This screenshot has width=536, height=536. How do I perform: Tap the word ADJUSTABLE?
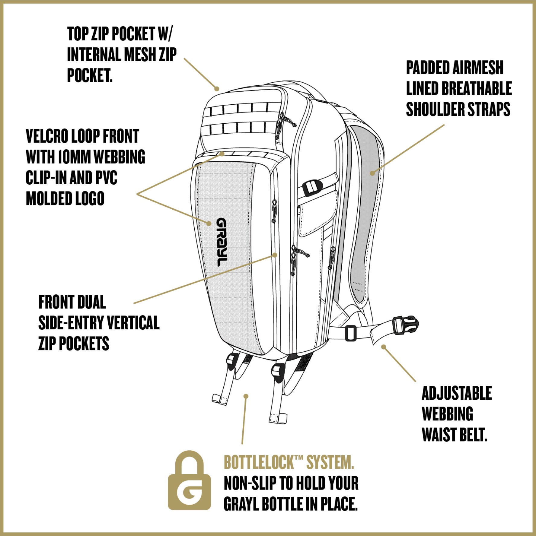tap(457, 393)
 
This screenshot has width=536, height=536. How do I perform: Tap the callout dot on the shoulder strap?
tap(372, 173)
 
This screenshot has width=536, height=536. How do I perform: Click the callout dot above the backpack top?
tap(217, 89)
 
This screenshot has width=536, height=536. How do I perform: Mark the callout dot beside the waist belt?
tap(383, 347)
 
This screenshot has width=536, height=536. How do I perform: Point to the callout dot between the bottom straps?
tap(246, 396)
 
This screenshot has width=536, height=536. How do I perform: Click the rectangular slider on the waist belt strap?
tap(350, 332)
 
